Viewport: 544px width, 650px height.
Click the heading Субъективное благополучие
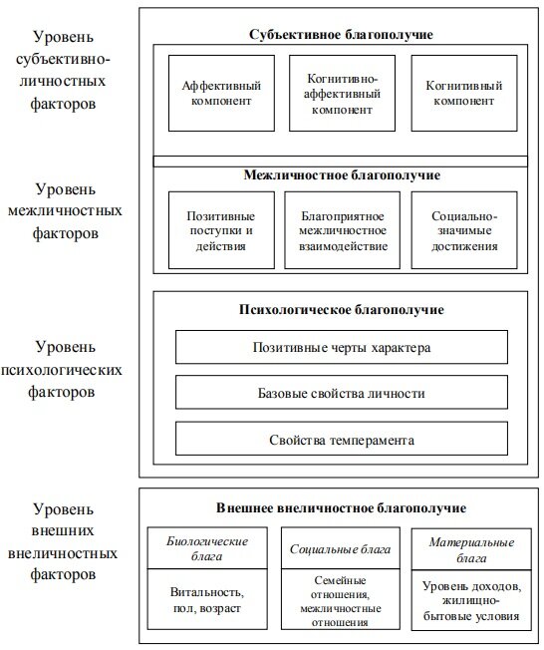pos(341,35)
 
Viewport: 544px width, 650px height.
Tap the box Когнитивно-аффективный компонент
pos(342,93)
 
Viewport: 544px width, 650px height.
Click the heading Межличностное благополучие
pos(342,175)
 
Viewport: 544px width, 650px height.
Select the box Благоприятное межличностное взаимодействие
pos(342,230)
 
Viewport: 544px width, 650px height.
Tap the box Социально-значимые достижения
pos(464,230)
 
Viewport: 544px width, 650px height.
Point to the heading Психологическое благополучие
pos(342,309)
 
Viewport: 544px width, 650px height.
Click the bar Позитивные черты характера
pos(342,348)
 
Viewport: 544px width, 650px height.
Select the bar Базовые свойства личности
pos(342,394)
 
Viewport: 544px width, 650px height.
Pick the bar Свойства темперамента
pos(342,440)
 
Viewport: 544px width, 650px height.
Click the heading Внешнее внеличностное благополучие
pos(342,507)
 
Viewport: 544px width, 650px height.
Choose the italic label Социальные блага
pos(342,549)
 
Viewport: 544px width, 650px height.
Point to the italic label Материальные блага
pos(468,549)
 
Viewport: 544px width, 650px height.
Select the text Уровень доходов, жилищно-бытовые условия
pos(468,600)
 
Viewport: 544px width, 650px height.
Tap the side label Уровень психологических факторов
pos(65,369)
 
